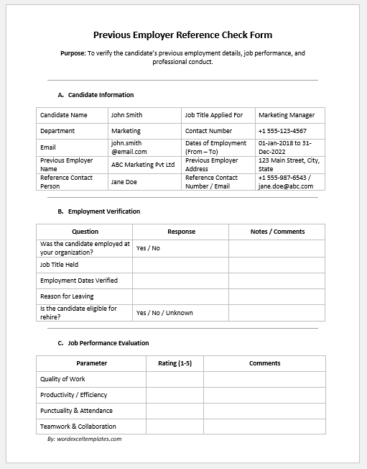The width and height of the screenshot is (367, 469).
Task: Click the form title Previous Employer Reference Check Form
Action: (183, 35)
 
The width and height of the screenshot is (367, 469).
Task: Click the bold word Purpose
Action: (73, 53)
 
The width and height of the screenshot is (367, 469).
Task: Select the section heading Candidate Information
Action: (101, 95)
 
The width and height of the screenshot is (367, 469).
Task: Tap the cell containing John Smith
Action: (126, 115)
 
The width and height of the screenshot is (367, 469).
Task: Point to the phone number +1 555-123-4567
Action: (282, 131)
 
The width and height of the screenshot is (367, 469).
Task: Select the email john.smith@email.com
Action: (129, 147)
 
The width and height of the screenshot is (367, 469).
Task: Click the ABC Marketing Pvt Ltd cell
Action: (143, 165)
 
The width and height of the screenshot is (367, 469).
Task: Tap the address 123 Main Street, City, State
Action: (289, 165)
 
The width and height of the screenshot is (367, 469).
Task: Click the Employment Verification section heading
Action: (104, 211)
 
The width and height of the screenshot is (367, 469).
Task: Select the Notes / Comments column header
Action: (277, 232)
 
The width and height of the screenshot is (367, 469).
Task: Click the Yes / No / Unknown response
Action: (164, 313)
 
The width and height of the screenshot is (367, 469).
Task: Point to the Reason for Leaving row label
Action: (67, 296)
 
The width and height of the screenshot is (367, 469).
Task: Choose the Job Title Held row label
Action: (60, 265)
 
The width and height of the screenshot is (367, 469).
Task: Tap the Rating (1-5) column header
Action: (175, 363)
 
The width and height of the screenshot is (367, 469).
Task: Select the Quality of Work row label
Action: (62, 379)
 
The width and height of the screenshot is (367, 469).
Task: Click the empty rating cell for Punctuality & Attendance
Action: (175, 411)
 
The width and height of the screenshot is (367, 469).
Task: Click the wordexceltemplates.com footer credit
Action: (85, 439)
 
